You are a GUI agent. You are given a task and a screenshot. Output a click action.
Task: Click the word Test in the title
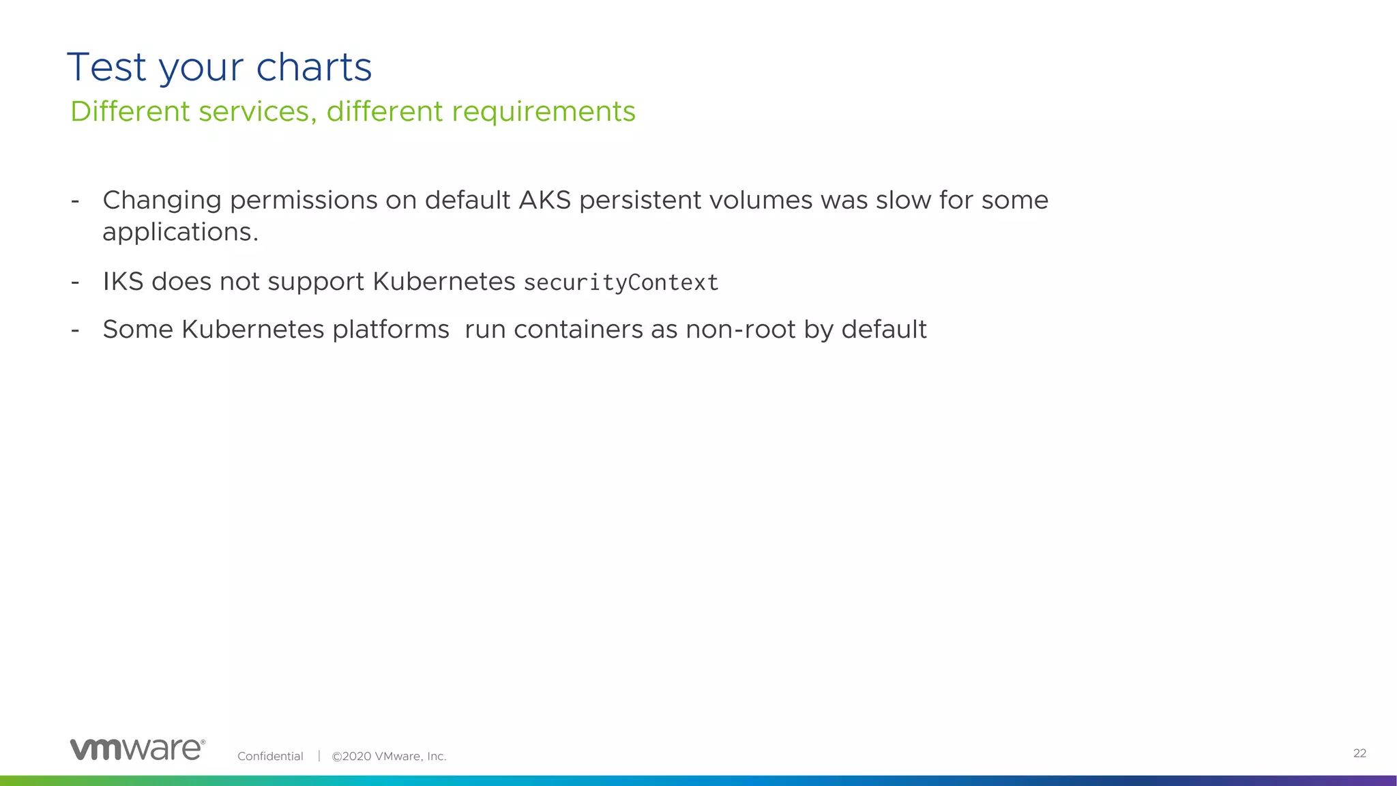[x=107, y=68]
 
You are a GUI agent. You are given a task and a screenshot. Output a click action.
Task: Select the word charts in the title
[x=314, y=68]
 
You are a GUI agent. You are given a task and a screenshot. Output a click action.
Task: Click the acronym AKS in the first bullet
[x=545, y=200]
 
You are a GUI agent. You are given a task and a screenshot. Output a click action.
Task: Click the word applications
[x=180, y=233]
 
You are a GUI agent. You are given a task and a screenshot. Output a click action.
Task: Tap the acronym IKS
[x=123, y=281]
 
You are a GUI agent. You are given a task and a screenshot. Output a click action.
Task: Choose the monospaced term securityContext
[x=621, y=282]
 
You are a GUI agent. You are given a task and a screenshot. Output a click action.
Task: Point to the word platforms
[x=390, y=330]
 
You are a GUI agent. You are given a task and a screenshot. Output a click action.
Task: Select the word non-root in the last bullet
[x=740, y=330]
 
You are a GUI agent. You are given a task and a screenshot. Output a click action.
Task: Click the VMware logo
[x=137, y=748]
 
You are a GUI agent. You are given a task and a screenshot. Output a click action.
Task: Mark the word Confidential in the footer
[x=270, y=756]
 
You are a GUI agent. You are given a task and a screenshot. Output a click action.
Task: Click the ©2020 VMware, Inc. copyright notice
[x=389, y=756]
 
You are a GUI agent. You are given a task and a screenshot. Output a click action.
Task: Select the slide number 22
[x=1359, y=753]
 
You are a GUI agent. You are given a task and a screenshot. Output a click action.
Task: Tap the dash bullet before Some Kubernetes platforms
[x=75, y=330]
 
